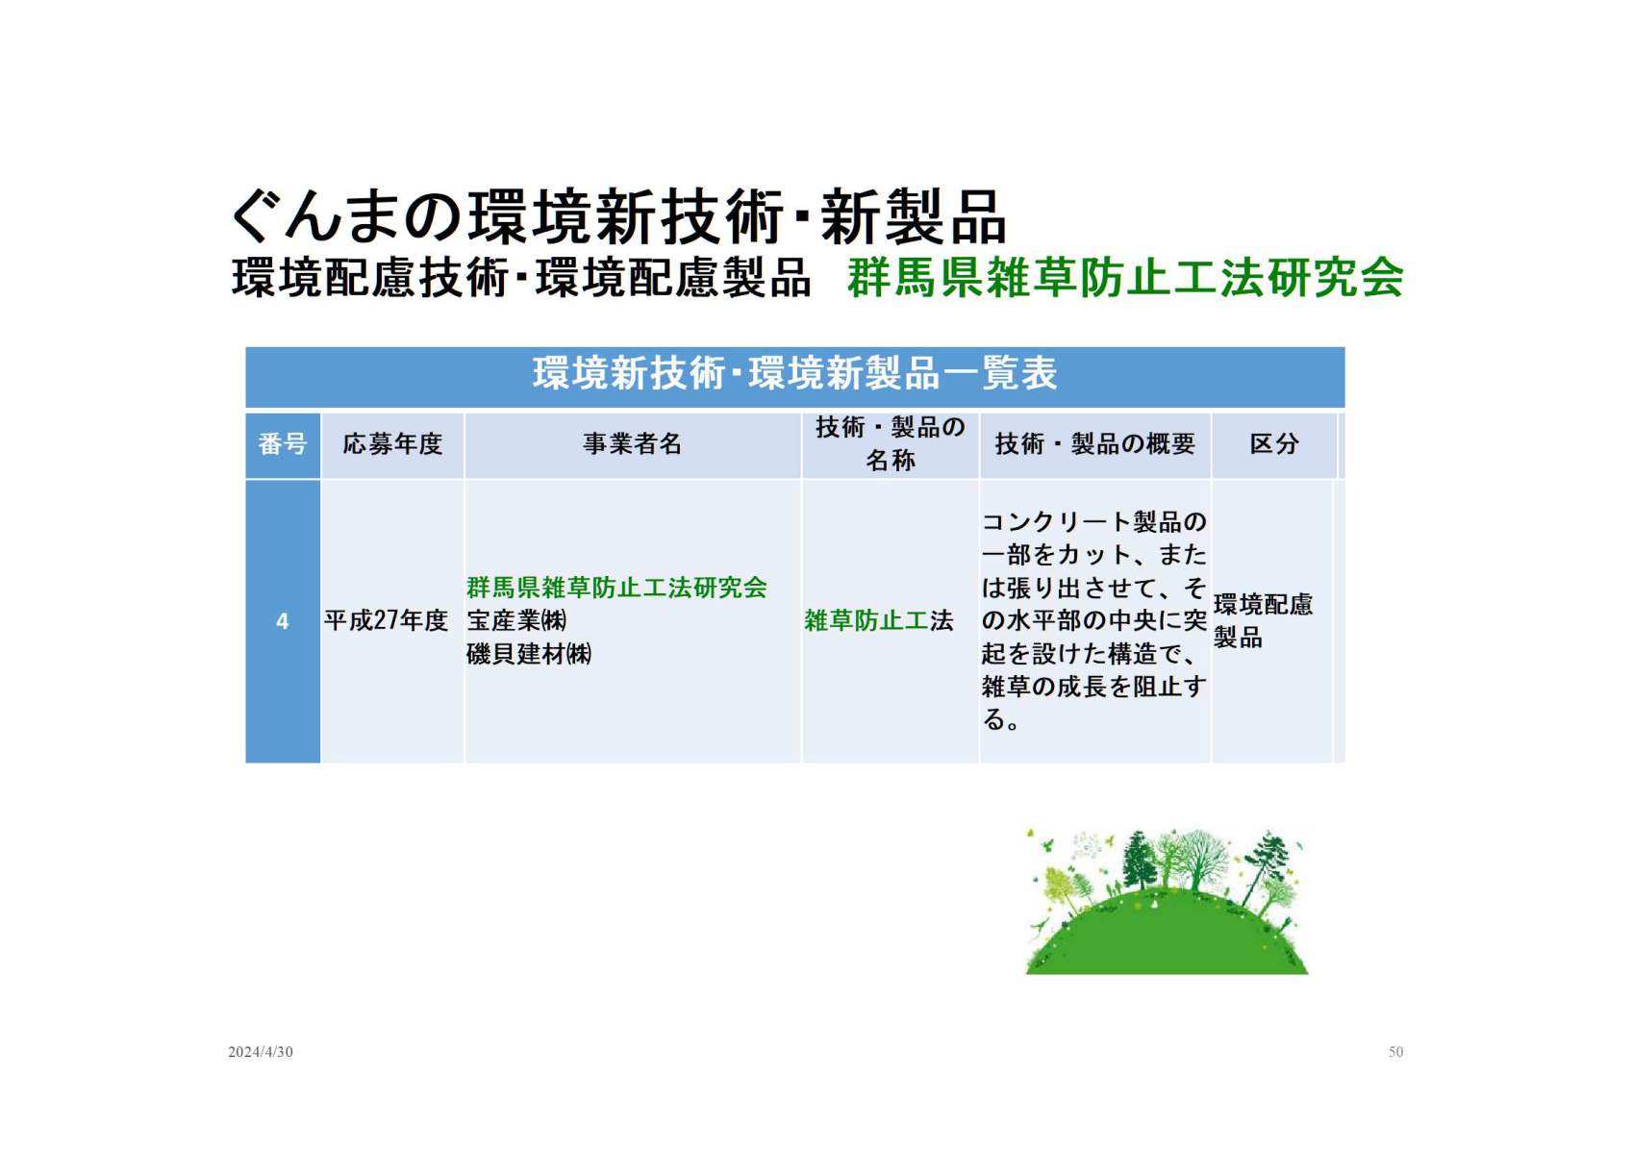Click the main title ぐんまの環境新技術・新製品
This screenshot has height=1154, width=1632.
tap(617, 216)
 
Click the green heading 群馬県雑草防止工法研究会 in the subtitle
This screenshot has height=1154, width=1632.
tap(1125, 278)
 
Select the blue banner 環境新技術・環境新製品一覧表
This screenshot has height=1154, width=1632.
tap(795, 376)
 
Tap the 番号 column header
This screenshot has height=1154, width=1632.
tap(283, 443)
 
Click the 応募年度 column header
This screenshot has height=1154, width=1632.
tap(392, 443)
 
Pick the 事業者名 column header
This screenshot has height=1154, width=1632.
tap(633, 443)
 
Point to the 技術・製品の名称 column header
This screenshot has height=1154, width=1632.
tap(891, 443)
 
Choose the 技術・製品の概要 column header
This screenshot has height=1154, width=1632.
tap(1095, 443)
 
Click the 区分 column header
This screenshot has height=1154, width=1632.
tap(1274, 443)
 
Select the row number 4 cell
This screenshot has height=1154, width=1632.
tap(283, 621)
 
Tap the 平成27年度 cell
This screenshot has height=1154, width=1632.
tap(387, 620)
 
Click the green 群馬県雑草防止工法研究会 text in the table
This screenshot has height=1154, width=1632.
tap(616, 588)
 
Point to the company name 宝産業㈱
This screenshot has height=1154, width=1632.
tap(516, 620)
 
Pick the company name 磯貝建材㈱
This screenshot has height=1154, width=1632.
tap(529, 654)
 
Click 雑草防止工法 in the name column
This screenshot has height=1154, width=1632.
tap(879, 620)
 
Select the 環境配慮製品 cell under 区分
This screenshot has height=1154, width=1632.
tap(1264, 620)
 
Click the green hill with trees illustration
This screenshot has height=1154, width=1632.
tap(1167, 901)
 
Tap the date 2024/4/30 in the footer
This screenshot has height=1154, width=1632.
tap(260, 1052)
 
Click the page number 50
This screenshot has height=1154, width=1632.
tap(1395, 1052)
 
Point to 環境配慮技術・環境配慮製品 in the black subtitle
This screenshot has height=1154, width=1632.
tap(521, 278)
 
